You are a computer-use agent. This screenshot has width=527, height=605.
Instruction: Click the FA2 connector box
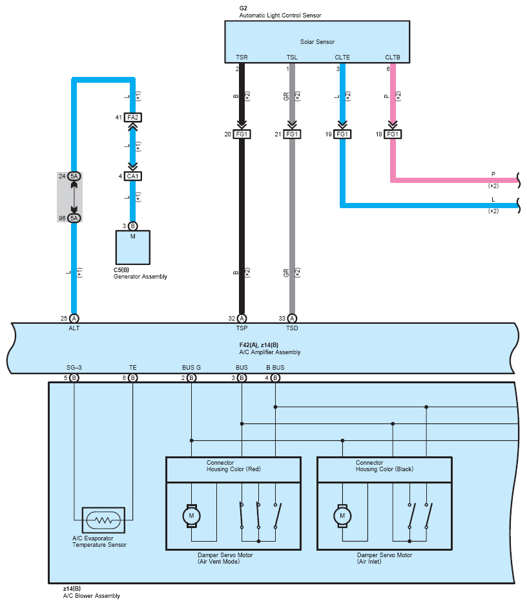[x=132, y=117]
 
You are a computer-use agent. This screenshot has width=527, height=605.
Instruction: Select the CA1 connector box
[x=132, y=176]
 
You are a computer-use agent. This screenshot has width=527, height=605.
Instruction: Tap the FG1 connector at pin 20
[x=242, y=134]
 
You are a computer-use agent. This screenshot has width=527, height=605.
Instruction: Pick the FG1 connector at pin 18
[x=393, y=134]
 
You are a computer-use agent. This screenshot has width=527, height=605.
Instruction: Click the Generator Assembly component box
[x=132, y=248]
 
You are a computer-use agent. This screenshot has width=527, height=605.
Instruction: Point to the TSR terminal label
[x=242, y=57]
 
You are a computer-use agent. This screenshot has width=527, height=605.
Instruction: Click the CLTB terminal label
[x=393, y=57]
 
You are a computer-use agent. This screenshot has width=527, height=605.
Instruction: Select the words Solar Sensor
[x=317, y=41]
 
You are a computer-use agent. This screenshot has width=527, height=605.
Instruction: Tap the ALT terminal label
[x=74, y=328]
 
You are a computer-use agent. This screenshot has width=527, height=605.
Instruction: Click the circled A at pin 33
[x=292, y=318]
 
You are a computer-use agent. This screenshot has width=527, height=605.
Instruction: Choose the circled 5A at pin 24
[x=74, y=176]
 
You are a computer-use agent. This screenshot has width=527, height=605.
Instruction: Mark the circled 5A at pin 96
[x=74, y=218]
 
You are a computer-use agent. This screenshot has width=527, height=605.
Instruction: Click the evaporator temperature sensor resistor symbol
[x=103, y=520]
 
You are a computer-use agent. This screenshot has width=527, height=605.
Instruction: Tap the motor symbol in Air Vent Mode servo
[x=191, y=516]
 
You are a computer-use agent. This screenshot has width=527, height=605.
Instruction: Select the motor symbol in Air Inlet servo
[x=342, y=516]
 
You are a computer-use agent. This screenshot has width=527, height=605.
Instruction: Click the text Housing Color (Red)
[x=234, y=469]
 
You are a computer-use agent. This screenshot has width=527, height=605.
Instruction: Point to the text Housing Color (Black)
[x=384, y=469]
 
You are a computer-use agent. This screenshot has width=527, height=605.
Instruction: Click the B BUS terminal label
[x=275, y=367]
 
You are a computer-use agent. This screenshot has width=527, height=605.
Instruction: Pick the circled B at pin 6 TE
[x=132, y=377]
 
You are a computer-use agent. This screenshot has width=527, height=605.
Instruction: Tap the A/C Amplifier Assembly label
[x=270, y=352]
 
